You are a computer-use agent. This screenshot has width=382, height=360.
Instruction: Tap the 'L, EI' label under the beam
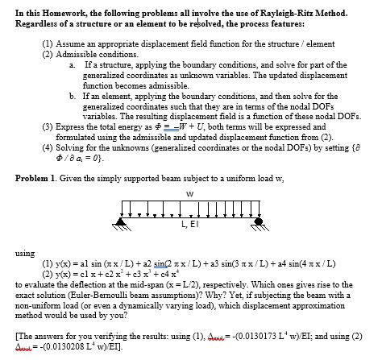tap(190, 233)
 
